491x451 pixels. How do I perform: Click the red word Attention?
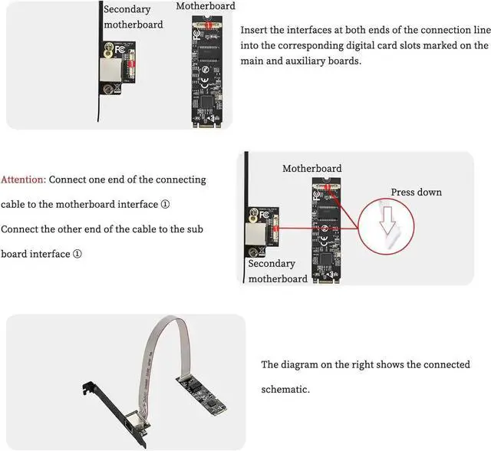click(23, 179)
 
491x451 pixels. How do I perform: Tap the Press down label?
click(416, 192)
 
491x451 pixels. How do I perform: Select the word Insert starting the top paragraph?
click(256, 30)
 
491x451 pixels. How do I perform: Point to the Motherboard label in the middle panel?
click(311, 168)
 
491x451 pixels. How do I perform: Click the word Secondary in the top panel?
click(127, 10)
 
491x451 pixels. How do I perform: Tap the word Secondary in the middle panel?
click(272, 263)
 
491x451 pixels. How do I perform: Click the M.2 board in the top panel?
click(202, 69)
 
